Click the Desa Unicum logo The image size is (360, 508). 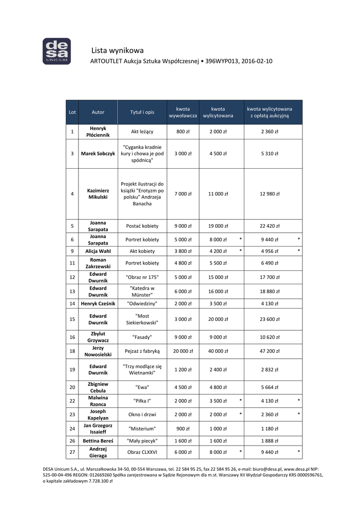click(56, 51)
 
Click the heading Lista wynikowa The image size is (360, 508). click(118, 51)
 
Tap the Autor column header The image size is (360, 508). click(98, 112)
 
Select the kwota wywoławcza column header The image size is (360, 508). click(183, 112)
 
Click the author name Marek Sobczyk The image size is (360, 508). click(98, 154)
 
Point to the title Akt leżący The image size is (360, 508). click(142, 132)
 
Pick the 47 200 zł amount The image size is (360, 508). click(270, 351)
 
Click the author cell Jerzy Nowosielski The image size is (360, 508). click(98, 351)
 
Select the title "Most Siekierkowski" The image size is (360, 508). click(142, 319)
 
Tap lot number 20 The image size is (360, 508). click(72, 387)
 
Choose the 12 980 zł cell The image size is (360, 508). click(270, 194)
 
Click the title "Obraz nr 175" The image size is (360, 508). click(142, 277)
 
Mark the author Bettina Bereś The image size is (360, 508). click(98, 441)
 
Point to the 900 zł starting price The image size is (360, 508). click(183, 429)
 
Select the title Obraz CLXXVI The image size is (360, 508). click(142, 452)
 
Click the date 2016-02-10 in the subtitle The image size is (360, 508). click(256, 62)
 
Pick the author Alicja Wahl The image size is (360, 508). click(98, 251)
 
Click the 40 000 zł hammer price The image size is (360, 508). click(218, 351)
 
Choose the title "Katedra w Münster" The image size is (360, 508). click(142, 292)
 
